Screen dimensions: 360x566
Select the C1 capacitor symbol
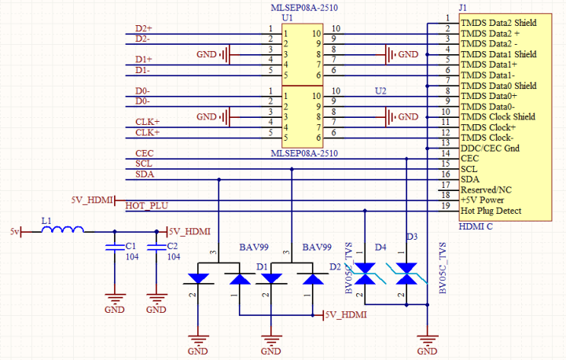click(x=115, y=250)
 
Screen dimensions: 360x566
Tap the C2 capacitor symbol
click(x=156, y=250)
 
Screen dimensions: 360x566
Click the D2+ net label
click(x=143, y=29)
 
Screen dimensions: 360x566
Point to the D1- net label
click(x=142, y=70)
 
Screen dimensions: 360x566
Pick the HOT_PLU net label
click(x=146, y=206)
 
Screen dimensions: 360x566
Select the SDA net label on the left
click(x=144, y=174)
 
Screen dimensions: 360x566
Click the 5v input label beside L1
click(x=14, y=232)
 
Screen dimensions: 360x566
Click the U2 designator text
click(x=380, y=91)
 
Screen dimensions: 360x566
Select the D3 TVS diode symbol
click(x=406, y=275)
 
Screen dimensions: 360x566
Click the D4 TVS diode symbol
click(x=365, y=275)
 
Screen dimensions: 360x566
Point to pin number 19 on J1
click(x=447, y=205)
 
